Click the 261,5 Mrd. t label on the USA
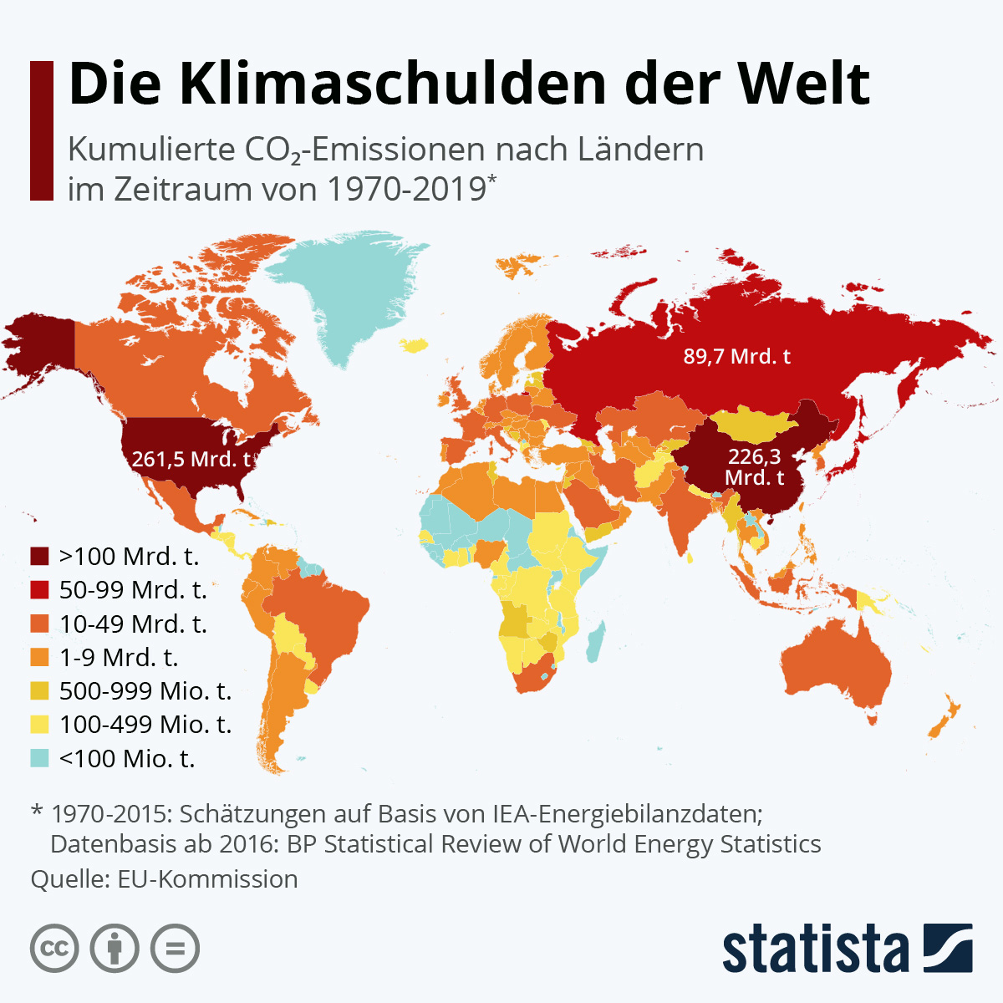tap(191, 459)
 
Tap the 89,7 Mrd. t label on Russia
tap(736, 357)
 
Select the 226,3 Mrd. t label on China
tap(755, 467)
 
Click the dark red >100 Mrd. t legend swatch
tap(40, 557)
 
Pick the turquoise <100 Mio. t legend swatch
tap(40, 758)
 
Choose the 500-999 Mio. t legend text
tap(145, 691)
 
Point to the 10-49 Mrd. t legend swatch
tap(40, 624)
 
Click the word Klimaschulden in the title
tap(392, 84)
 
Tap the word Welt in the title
tap(803, 84)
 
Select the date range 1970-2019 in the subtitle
tap(405, 189)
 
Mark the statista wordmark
tap(815, 949)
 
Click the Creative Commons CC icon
tap(54, 949)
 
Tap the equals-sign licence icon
tap(176, 949)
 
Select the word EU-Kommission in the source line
tap(207, 879)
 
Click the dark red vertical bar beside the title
tap(41, 130)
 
